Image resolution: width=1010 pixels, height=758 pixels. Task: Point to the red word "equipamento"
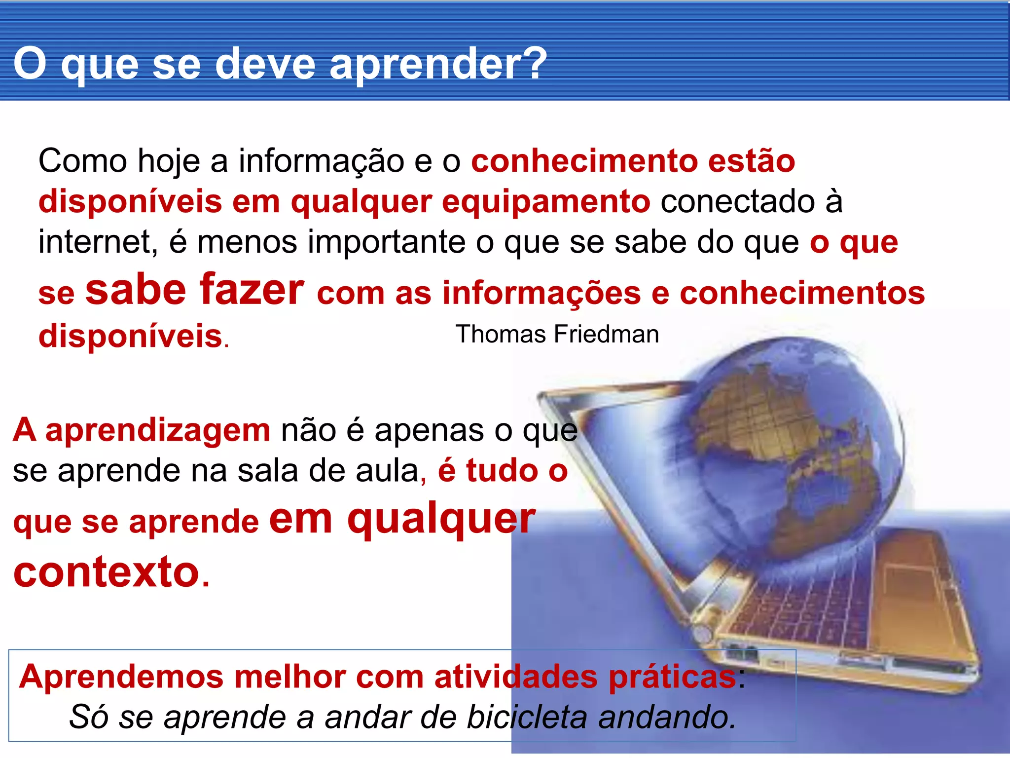pyautogui.click(x=546, y=202)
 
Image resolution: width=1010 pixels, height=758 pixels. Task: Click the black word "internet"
pyautogui.click(x=98, y=242)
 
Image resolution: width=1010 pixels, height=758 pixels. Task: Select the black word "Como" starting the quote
pyautogui.click(x=82, y=161)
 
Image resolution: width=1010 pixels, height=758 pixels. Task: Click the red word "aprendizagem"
pyautogui.click(x=158, y=430)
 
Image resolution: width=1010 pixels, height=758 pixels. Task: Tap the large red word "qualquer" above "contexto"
pyautogui.click(x=441, y=519)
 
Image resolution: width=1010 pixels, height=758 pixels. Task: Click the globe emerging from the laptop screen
pyautogui.click(x=789, y=444)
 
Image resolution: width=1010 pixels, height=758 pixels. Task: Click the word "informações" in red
pyautogui.click(x=541, y=293)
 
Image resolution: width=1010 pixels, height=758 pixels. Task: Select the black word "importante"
pyautogui.click(x=387, y=242)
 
